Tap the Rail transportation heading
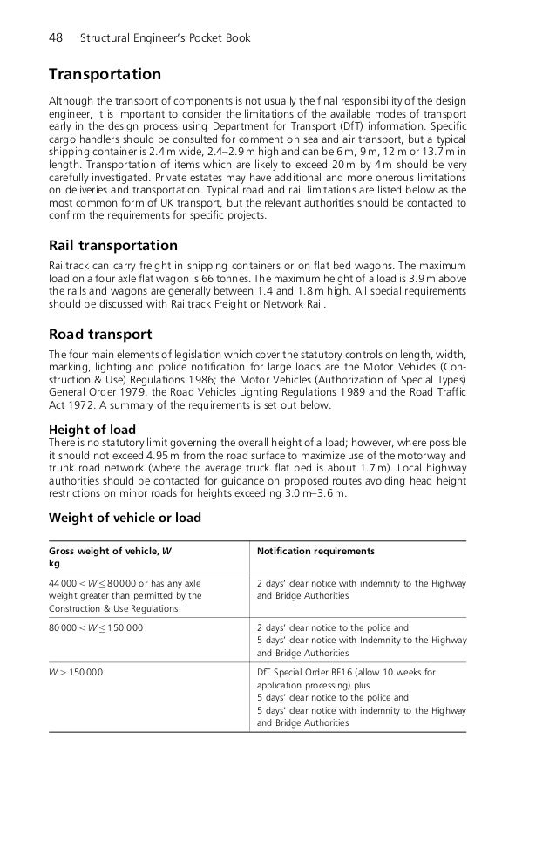(x=113, y=245)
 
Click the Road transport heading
(x=100, y=334)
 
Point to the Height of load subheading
(x=92, y=430)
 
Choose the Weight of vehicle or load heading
(x=125, y=518)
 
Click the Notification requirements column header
(x=315, y=552)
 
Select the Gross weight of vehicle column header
(x=110, y=552)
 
